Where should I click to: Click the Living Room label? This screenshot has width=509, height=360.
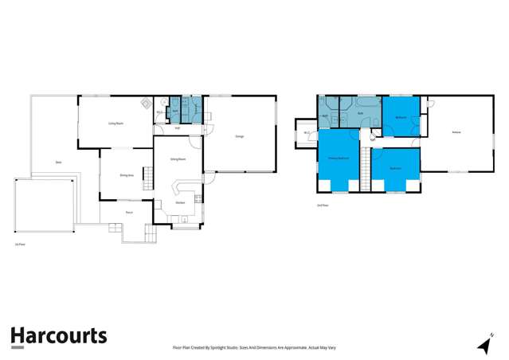coord(114,124)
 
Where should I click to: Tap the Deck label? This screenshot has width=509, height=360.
coord(58,162)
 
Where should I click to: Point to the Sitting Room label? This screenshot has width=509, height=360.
coord(178,159)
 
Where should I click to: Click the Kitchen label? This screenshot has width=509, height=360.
coord(181,202)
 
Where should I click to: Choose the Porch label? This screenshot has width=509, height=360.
coord(128,213)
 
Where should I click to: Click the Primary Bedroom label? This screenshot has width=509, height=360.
coord(338,158)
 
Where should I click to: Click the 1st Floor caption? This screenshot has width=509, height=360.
coord(19,245)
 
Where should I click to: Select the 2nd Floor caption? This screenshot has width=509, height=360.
coord(323,205)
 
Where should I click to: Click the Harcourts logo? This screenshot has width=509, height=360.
coord(58,336)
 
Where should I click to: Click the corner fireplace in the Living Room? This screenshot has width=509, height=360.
coord(146,103)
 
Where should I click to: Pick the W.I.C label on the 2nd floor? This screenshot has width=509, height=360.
coord(306,133)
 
